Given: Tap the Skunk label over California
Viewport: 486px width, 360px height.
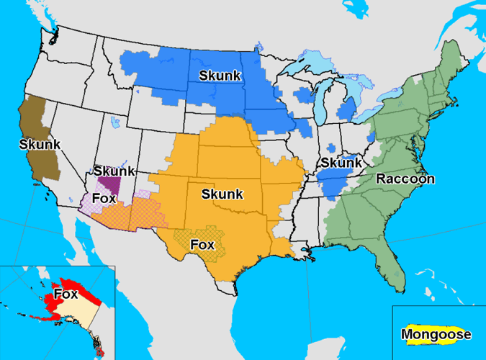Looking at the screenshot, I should [x=40, y=144].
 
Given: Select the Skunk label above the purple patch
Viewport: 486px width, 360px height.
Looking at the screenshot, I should [x=113, y=171].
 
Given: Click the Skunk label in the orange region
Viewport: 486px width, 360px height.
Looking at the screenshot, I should [x=222, y=194].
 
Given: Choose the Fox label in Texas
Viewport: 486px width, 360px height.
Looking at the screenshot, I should [x=202, y=244].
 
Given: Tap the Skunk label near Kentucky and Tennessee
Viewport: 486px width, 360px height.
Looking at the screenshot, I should [x=341, y=163].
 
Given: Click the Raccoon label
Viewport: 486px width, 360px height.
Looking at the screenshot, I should [x=405, y=179].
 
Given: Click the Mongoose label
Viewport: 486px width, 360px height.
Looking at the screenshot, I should [x=436, y=334].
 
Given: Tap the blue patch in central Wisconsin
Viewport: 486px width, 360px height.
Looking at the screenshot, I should [x=303, y=95].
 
